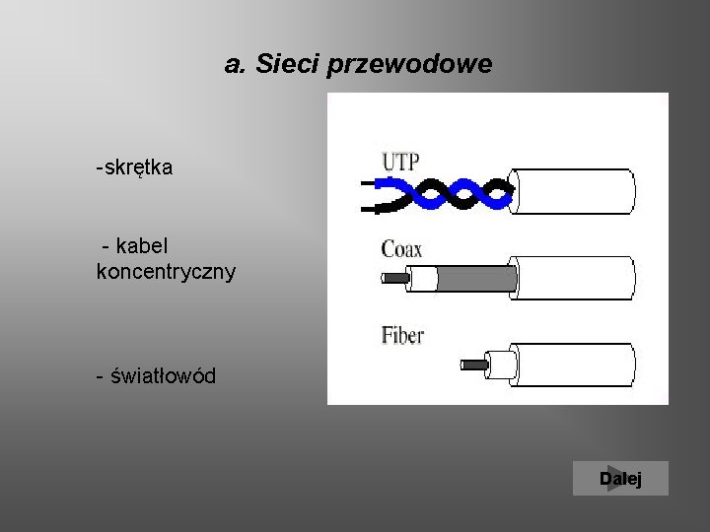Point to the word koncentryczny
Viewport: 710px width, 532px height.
click(166, 270)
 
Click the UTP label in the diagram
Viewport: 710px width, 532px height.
click(400, 161)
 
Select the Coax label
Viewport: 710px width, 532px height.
click(401, 249)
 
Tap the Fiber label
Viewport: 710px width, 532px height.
click(402, 335)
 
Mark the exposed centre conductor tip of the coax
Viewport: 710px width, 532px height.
click(393, 279)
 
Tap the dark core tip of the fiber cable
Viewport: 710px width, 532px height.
click(473, 365)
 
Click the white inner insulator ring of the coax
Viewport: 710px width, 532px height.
click(423, 280)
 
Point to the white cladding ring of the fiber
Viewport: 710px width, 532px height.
click(502, 365)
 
